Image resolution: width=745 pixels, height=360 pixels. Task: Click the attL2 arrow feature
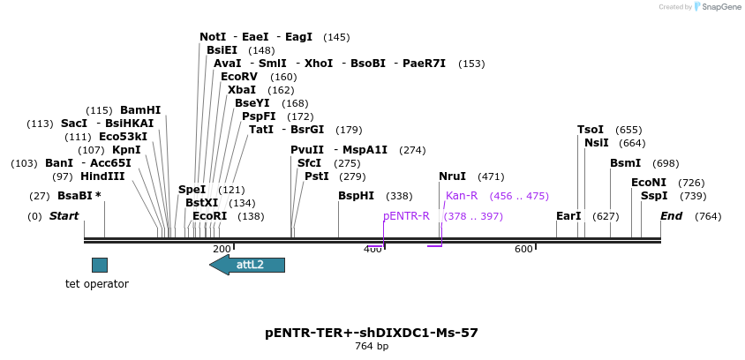point(248,265)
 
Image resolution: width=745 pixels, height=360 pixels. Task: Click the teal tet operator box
point(100,265)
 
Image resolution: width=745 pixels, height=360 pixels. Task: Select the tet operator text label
point(97,284)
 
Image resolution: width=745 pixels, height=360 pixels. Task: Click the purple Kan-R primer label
point(462,196)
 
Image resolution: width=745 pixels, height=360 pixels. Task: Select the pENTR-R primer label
point(406,216)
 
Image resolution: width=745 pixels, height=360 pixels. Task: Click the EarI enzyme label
point(568,216)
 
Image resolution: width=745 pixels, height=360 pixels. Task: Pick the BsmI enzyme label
point(625,163)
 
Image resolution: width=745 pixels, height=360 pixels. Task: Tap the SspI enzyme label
point(654,196)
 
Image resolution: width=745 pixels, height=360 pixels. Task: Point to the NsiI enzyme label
point(596,143)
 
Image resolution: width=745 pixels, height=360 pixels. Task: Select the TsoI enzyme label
point(591,130)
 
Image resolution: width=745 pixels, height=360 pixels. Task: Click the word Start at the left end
point(64,216)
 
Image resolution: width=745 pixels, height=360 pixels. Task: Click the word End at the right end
point(672,216)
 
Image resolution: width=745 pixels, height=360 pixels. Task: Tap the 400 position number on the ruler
point(373,249)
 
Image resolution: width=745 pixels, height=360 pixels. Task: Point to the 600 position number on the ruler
point(523,249)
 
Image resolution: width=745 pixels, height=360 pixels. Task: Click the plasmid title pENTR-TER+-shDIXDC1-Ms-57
point(372,333)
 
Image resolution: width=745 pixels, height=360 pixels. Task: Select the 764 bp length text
point(372,347)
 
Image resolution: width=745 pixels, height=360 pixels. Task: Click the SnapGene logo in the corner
point(718,7)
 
